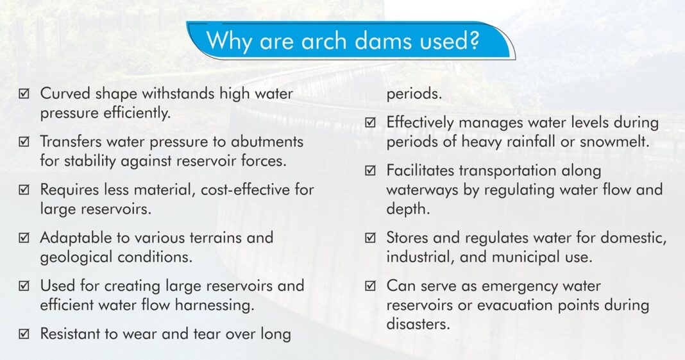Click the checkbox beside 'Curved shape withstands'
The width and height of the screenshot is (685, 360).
(24, 94)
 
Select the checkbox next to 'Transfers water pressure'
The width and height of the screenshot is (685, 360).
(24, 142)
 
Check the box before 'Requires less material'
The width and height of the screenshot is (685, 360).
(24, 190)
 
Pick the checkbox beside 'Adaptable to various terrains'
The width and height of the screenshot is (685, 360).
(24, 238)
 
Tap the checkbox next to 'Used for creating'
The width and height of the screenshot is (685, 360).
(24, 286)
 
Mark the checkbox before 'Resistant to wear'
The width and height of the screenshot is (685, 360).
(24, 334)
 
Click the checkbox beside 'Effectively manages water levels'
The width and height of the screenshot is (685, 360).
(371, 123)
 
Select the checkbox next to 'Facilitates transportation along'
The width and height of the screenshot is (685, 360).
(371, 171)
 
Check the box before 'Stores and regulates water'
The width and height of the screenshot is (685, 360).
(371, 238)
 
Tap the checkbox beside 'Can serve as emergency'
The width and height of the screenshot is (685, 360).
(371, 286)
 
